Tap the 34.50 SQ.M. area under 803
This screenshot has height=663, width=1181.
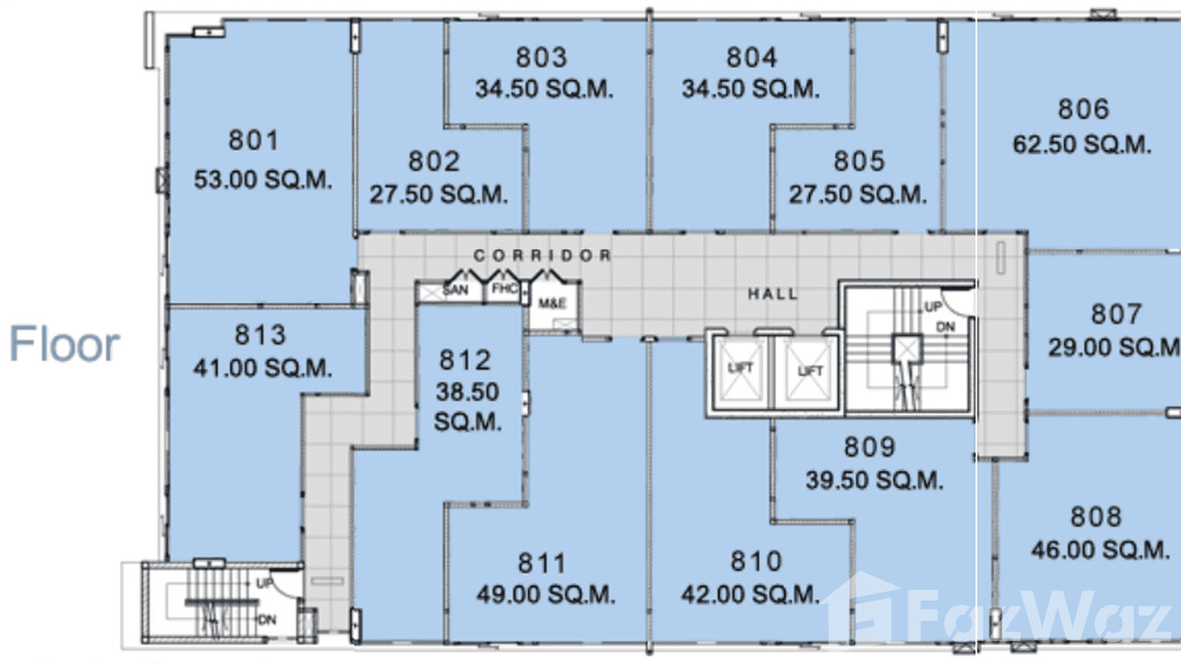[x=544, y=89]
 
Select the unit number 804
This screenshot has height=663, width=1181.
[x=752, y=58]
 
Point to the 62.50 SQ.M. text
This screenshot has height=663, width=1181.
[x=1082, y=144]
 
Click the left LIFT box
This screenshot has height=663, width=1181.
[x=740, y=370]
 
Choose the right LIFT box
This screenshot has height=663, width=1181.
[x=809, y=371]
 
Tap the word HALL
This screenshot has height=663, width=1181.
[x=773, y=294]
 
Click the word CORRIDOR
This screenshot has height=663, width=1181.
[x=542, y=255]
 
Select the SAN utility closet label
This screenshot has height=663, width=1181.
[x=455, y=289]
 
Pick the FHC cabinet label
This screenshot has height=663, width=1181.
[x=504, y=288]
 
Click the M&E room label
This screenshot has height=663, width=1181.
[x=552, y=303]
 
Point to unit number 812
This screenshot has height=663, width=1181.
[x=465, y=361]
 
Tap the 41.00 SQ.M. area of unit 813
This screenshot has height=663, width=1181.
[x=262, y=368]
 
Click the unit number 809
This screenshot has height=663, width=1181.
[x=869, y=448]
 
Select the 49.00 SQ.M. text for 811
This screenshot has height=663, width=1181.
[x=545, y=595]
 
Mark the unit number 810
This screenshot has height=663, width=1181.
[x=755, y=561]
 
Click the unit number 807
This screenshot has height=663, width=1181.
[x=1116, y=314]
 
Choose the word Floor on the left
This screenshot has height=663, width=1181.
[x=64, y=344]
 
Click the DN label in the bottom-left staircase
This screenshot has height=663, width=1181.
[x=267, y=619]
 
